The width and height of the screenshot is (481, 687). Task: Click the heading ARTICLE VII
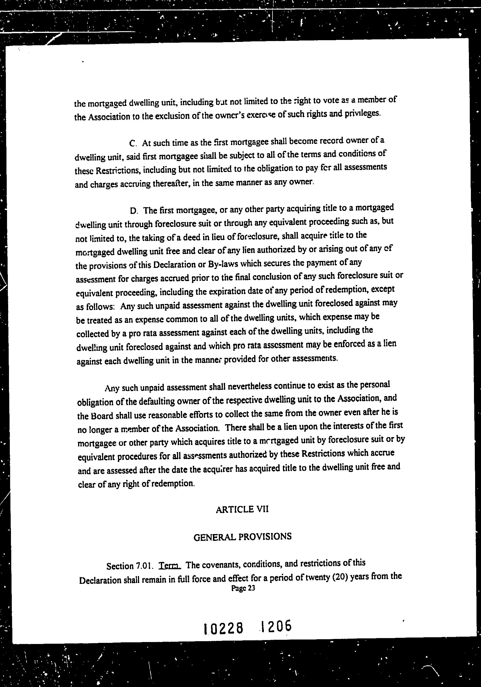(242, 509)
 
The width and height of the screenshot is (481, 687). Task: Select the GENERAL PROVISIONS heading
(242, 537)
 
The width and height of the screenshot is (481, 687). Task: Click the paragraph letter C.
(133, 143)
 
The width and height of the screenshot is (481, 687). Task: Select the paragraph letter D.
(133, 211)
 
